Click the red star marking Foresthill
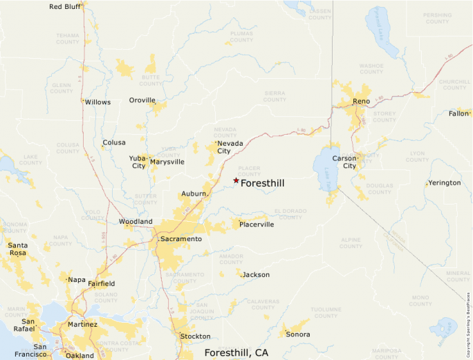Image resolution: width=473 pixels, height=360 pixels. tap(236, 180)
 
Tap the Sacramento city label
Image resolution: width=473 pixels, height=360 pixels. tap(180, 238)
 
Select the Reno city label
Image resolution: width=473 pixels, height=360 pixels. tap(361, 102)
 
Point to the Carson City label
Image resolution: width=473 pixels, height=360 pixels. tap(344, 162)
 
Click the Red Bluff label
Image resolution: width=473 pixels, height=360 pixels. tap(65, 7)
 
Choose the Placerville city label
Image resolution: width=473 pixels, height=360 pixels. tap(257, 225)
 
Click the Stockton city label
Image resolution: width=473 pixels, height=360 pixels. tap(195, 337)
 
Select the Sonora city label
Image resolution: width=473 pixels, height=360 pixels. tap(298, 334)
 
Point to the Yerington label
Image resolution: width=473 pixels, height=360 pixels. tap(444, 183)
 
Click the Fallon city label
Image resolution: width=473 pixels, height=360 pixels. tap(458, 113)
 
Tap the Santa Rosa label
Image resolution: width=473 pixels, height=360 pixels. tap(18, 249)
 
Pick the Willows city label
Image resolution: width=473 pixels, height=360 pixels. tap(98, 102)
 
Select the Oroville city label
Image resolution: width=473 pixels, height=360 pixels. tap(142, 100)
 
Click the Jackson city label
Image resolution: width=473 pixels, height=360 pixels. tap(256, 275)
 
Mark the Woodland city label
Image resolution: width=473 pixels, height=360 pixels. tap(136, 222)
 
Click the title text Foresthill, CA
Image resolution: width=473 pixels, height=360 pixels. tap(236, 352)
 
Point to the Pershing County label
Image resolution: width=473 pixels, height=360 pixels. tap(438, 18)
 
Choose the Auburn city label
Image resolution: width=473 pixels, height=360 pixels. tap(194, 193)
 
